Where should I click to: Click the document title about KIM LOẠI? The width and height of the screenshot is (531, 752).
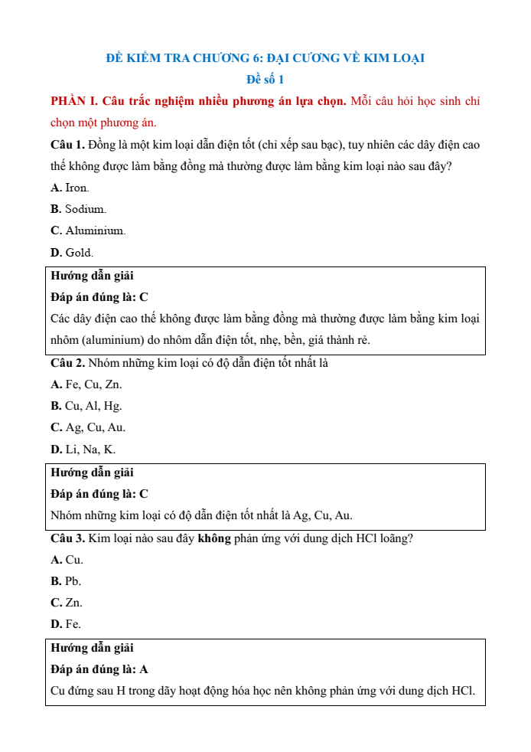coord(265,58)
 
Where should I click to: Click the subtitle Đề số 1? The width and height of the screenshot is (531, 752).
coord(265,80)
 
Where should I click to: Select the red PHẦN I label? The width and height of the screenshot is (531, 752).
coord(74,101)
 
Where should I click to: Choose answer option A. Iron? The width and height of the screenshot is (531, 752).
coord(70,188)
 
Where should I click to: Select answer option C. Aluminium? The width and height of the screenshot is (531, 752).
coord(87,231)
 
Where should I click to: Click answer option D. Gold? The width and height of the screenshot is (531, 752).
coord(72,252)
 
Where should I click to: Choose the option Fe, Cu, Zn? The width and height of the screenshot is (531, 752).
coord(86,384)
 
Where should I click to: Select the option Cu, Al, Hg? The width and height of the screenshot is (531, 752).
coord(86,406)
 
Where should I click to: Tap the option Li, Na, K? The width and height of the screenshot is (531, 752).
coord(83,450)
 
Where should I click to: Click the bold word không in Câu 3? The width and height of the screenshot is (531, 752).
coord(214,538)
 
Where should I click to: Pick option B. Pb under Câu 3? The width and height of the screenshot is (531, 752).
coord(66,581)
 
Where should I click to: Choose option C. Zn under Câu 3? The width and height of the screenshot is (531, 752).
coord(67,603)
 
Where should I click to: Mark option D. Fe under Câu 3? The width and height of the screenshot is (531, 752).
coord(66,624)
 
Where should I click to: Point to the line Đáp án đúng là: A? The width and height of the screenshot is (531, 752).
coord(99,669)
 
